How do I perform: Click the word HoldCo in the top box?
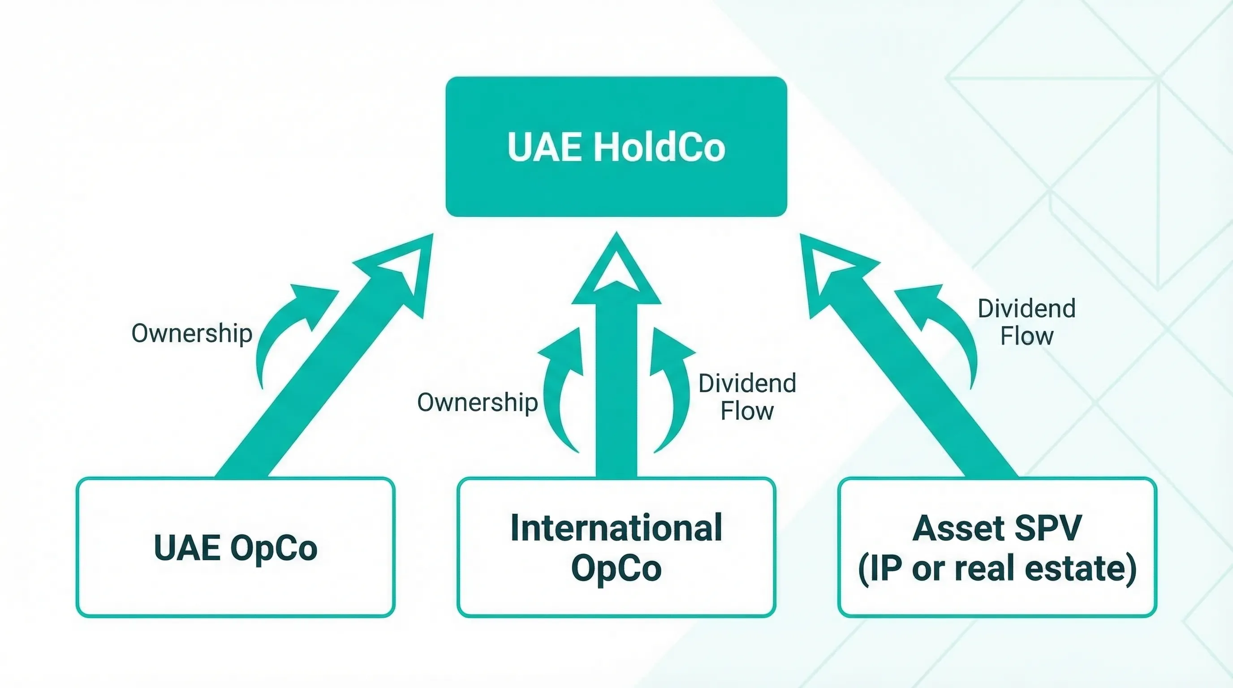(659, 147)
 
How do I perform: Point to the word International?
(616, 528)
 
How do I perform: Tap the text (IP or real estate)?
(997, 568)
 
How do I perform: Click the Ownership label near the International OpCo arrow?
(477, 402)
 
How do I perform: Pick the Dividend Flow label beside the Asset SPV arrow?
(1027, 322)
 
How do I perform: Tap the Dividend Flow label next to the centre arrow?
(747, 396)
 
